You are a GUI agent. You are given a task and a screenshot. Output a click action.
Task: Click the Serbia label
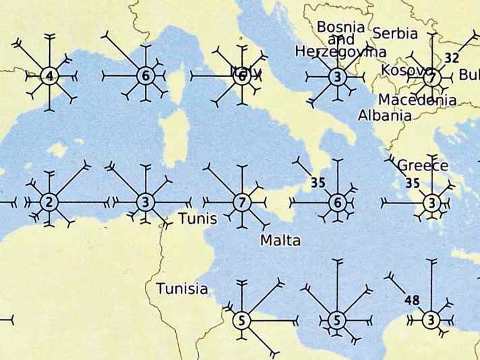click(395, 33)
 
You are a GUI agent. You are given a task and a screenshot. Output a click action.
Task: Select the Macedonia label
click(417, 100)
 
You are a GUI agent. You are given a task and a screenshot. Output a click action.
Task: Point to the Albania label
click(384, 115)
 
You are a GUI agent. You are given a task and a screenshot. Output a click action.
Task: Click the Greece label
click(423, 165)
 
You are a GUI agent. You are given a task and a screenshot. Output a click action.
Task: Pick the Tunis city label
click(198, 219)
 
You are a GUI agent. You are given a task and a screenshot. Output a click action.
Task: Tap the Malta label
click(280, 241)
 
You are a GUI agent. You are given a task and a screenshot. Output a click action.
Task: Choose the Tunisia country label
click(181, 289)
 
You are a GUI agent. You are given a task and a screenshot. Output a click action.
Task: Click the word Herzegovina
click(340, 52)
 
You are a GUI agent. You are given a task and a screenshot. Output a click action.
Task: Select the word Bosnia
click(340, 28)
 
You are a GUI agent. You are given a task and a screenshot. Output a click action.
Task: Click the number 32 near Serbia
click(452, 58)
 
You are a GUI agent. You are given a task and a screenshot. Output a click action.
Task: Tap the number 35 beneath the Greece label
click(413, 183)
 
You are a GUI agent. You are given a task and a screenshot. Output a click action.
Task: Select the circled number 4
click(48, 76)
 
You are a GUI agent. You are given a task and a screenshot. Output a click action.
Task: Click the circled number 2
click(48, 201)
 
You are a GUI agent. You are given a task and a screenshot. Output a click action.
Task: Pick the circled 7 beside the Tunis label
click(242, 201)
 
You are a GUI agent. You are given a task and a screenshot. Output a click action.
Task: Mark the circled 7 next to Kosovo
click(432, 78)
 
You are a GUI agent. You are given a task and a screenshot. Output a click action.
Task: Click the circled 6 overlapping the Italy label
click(242, 76)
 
